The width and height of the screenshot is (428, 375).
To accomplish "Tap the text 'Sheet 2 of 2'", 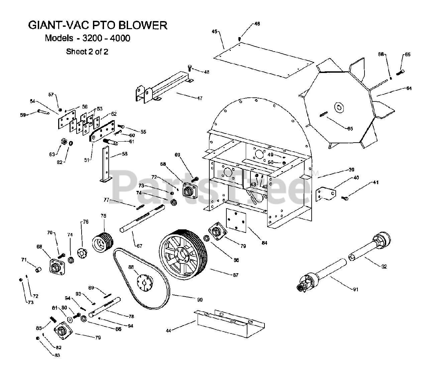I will pyautogui.click(x=87, y=52).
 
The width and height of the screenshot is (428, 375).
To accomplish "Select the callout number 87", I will pyautogui.click(x=235, y=275).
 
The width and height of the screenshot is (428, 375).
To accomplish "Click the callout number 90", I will pyautogui.click(x=200, y=300).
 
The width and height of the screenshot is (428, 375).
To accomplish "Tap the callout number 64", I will pyautogui.click(x=409, y=88).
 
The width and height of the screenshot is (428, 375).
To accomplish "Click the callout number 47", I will pyautogui.click(x=199, y=98).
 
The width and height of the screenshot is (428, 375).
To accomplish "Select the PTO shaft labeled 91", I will pyautogui.click(x=324, y=275).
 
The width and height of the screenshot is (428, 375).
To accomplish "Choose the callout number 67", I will pyautogui.click(x=139, y=246).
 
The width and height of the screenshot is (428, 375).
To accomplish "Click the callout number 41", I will pyautogui.click(x=376, y=183).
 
